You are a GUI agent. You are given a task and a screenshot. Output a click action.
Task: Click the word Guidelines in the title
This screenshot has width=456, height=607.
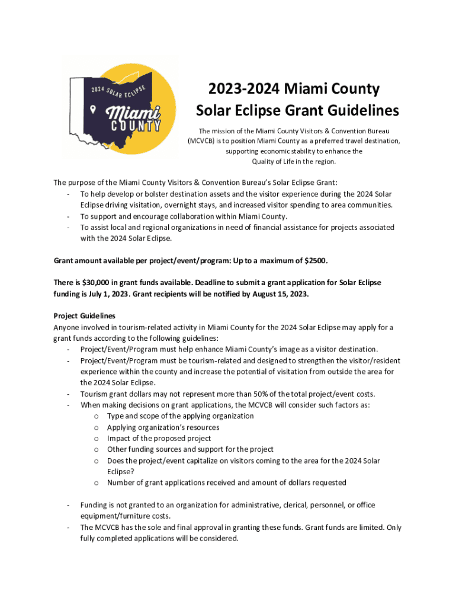point(358,111)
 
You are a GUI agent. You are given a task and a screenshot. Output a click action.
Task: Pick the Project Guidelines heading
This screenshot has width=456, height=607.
point(84,316)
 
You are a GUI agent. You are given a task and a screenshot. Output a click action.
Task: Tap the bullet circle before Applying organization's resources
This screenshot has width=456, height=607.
point(96,427)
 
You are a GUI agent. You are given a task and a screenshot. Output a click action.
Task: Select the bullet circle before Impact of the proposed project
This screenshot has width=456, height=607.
point(96,439)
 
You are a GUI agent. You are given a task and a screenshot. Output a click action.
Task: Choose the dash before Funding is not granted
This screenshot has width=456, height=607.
point(70,505)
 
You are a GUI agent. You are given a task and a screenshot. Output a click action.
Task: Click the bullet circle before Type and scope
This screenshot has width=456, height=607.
point(96,416)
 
